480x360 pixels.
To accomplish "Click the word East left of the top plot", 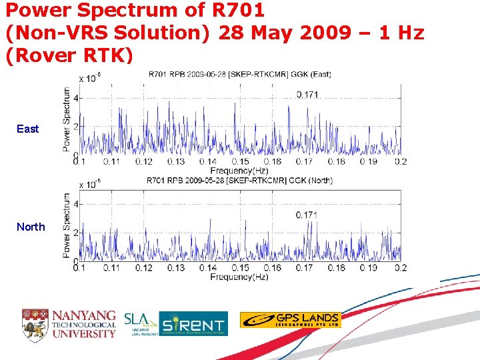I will (28, 129).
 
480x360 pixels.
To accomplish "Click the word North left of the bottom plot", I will (31, 227).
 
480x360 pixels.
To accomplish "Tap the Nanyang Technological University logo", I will (69, 323).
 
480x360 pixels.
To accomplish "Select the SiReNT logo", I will (193, 323).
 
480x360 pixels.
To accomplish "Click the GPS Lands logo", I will (290, 320).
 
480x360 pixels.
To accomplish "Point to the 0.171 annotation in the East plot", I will (307, 95).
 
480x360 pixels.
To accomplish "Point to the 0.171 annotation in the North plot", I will (307, 215).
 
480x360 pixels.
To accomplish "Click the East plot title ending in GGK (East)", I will (240, 74).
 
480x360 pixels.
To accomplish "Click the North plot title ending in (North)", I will (240, 181).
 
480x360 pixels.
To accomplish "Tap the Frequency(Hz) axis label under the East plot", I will (240, 171).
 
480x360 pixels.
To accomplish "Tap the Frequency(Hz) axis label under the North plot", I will (240, 277).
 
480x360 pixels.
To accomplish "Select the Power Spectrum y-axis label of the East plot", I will (67, 119).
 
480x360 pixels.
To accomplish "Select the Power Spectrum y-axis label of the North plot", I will (67, 225).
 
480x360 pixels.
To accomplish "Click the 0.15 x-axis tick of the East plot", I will (240, 161).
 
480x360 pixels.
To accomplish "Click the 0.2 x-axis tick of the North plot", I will (400, 268).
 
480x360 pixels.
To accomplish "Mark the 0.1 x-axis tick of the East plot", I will (79, 161).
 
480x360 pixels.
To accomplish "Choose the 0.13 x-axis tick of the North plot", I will (175, 268).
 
